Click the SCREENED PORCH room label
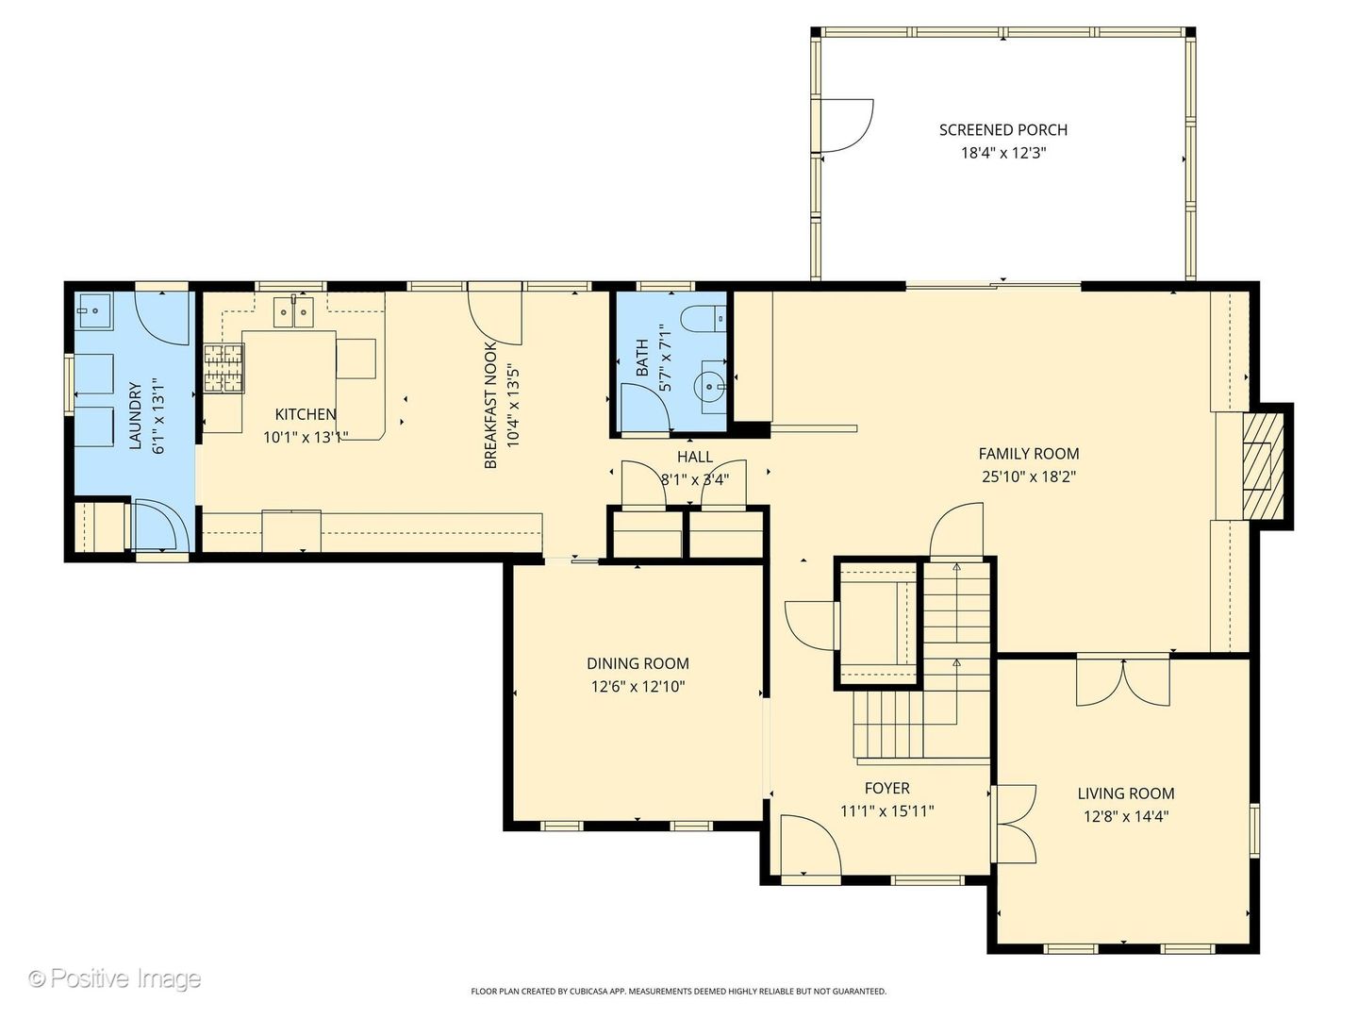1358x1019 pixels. point(1002,130)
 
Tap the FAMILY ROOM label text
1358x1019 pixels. point(1028,454)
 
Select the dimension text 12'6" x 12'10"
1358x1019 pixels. point(638,687)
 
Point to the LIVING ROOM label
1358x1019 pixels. point(1126,793)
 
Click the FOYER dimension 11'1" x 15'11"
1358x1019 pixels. point(886,810)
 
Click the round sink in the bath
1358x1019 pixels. point(709,385)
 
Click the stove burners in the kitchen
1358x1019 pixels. point(224,368)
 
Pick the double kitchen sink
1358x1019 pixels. point(292,311)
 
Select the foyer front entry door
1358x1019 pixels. point(809,845)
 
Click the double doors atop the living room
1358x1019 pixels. point(1123,681)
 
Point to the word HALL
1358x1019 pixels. point(694,457)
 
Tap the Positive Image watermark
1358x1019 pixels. point(114,978)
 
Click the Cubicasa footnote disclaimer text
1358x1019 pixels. point(678,992)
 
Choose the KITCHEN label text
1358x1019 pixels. point(305,414)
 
